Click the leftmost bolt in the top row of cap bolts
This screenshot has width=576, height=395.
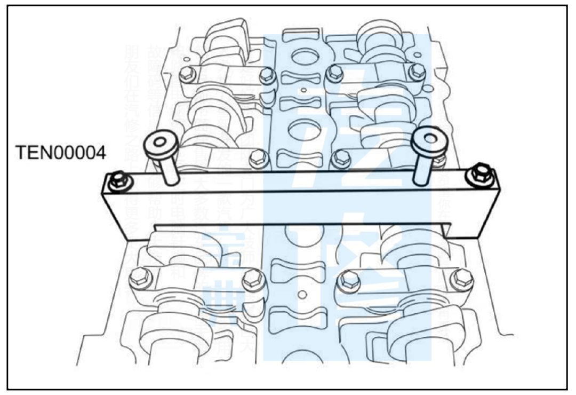[186, 74]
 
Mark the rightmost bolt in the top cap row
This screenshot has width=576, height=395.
[417, 71]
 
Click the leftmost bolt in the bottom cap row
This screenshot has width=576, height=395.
[140, 277]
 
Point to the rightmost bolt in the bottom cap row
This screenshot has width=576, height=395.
[461, 278]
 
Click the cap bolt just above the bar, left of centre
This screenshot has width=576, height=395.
[258, 157]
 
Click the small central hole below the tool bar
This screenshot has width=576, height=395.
[302, 294]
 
